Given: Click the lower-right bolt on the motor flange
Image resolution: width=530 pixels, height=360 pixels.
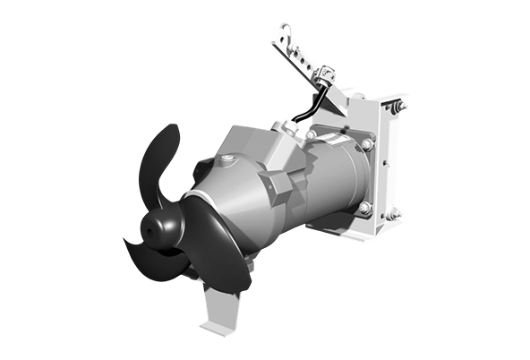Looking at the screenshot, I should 365,208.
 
